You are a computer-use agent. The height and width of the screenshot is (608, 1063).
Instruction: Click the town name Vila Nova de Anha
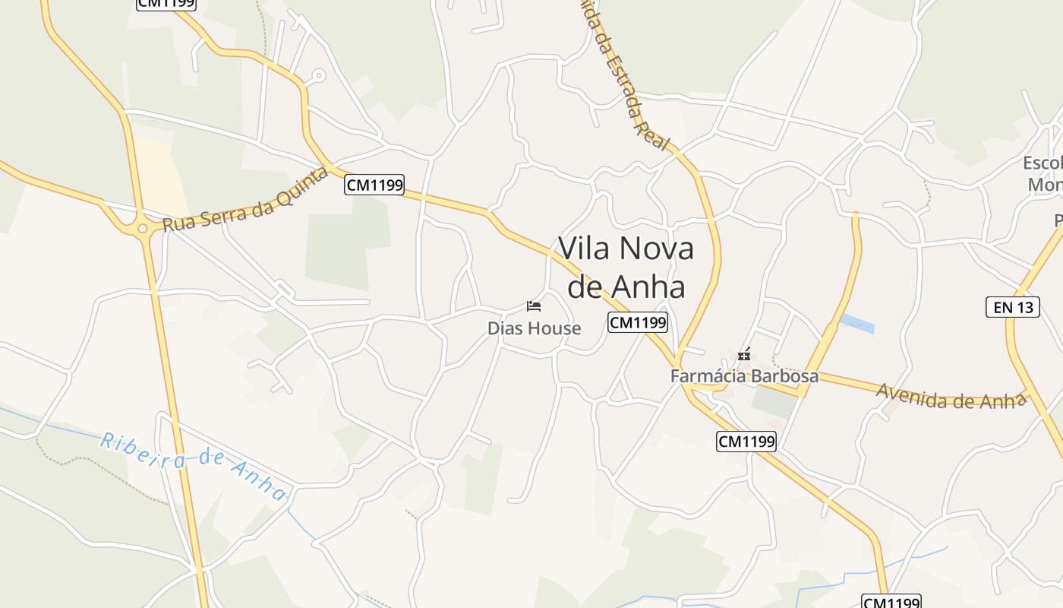[x=626, y=268]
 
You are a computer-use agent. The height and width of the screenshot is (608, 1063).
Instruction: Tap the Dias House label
[x=534, y=328]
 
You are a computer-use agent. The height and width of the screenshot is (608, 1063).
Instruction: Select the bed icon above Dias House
[x=534, y=306]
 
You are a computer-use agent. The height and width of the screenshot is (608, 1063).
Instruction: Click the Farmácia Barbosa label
[x=744, y=376]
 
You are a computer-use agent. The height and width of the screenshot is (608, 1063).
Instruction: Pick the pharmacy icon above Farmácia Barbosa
[x=745, y=354]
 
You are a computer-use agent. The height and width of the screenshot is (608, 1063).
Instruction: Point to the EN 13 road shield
[x=1012, y=307]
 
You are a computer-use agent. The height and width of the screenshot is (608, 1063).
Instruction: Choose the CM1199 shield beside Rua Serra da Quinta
[x=374, y=185]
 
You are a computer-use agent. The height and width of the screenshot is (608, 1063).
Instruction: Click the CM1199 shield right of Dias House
[x=638, y=323]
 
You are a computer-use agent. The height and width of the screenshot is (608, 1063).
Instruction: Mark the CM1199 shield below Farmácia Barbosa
[x=746, y=441]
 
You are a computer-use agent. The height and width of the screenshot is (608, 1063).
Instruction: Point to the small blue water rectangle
[x=857, y=324]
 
